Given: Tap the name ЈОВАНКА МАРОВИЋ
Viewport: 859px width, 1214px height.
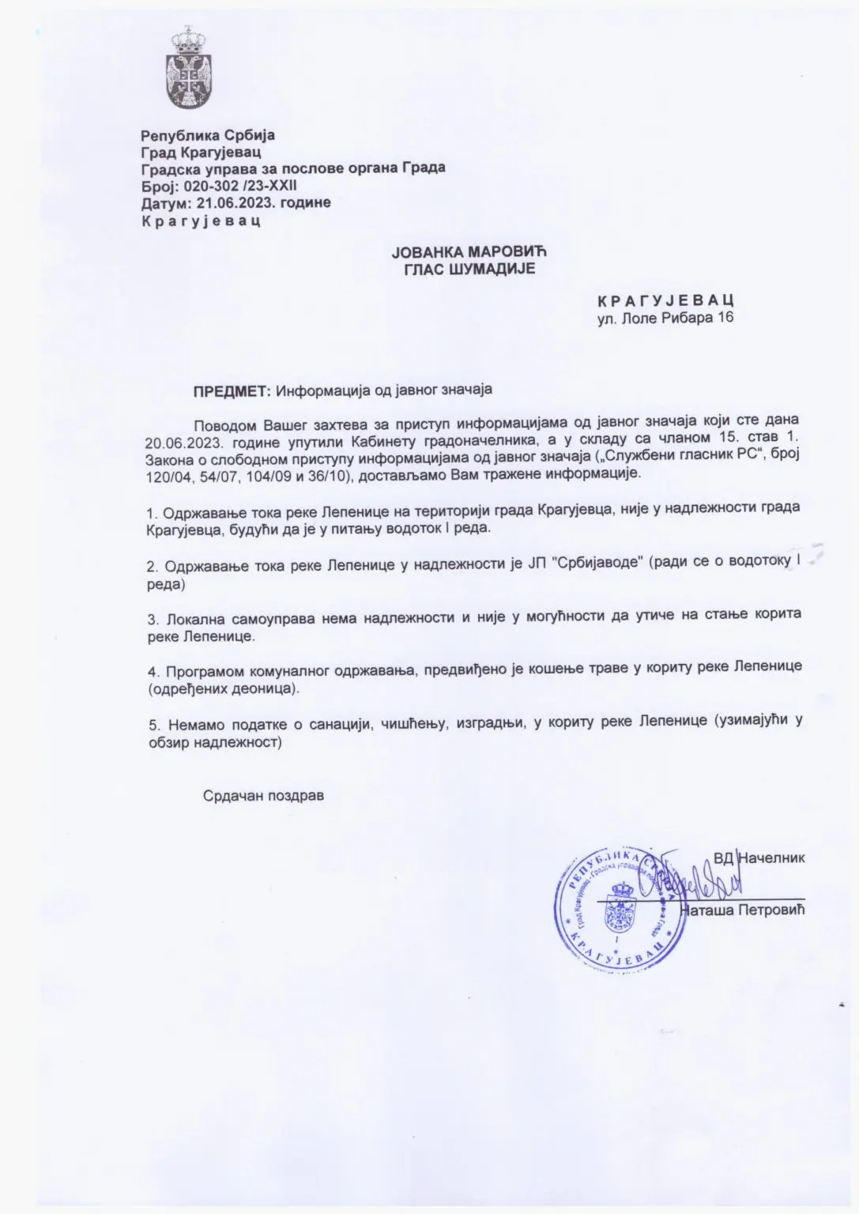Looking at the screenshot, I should click(x=469, y=252).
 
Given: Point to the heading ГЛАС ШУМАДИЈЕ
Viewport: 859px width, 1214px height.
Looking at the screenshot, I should click(x=469, y=269).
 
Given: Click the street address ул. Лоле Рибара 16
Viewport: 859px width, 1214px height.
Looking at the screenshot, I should click(x=665, y=318).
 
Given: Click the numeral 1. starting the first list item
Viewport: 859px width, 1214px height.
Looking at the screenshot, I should click(x=152, y=511).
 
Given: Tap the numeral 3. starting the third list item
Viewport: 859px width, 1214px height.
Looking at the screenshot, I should click(x=152, y=616).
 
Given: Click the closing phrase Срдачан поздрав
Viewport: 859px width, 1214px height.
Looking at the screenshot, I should click(x=263, y=796).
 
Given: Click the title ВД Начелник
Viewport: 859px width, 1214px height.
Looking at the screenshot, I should click(x=759, y=858).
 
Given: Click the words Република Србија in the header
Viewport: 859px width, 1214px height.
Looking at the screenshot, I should click(x=208, y=135).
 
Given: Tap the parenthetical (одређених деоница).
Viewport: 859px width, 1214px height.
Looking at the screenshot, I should click(x=224, y=689).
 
